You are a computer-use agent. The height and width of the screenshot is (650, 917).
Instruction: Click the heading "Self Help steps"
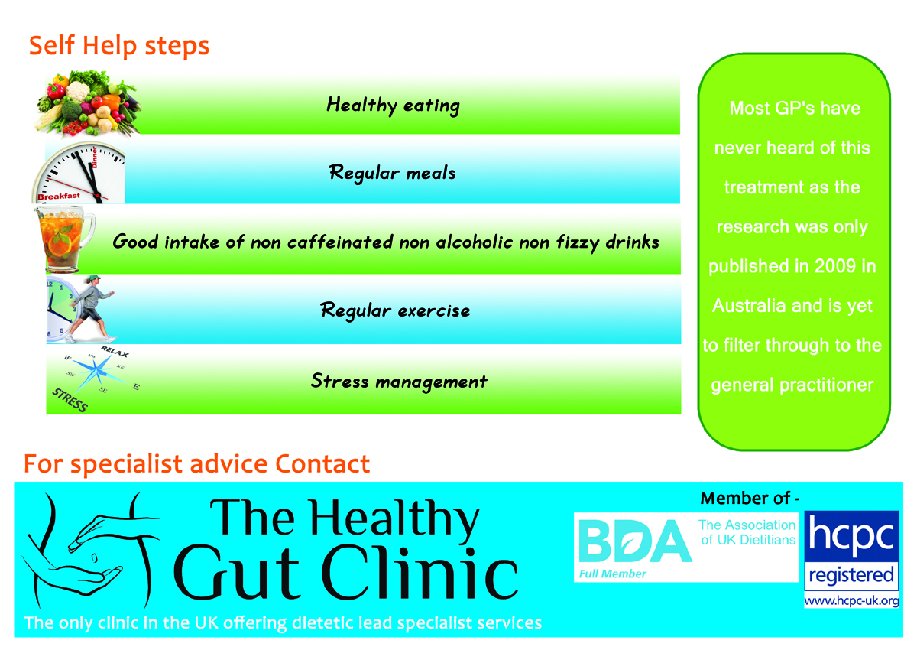coord(119,46)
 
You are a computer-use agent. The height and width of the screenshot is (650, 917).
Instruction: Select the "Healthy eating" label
coord(393,105)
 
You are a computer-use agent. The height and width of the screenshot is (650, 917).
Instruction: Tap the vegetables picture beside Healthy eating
coord(89,103)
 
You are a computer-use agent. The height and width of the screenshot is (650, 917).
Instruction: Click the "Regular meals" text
coord(392,173)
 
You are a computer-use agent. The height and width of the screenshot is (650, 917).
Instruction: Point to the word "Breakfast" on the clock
coord(59,196)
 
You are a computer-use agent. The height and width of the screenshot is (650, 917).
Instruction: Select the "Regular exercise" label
coord(395,311)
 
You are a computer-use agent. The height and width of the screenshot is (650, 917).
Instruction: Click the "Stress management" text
coord(399,381)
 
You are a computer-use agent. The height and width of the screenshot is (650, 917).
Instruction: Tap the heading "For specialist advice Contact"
coord(197,463)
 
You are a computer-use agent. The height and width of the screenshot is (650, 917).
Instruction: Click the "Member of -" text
coord(750,499)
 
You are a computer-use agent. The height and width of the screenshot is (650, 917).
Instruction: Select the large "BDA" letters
coord(635,541)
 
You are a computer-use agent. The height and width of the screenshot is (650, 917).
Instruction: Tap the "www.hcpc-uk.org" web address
coord(851,601)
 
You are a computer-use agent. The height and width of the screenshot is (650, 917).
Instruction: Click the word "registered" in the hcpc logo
coord(851,574)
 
